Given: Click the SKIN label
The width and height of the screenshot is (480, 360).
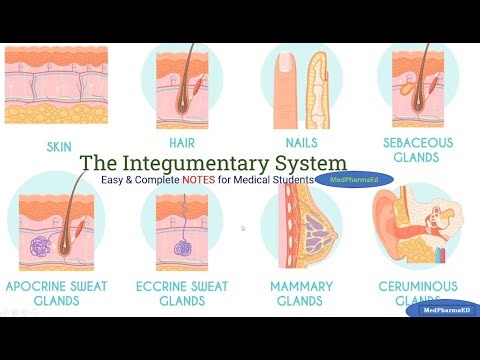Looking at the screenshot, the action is [x=59, y=146].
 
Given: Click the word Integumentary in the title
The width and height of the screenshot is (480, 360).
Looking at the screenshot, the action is [x=213, y=161].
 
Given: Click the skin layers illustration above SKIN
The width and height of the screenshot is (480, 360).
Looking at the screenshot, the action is [x=58, y=85].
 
